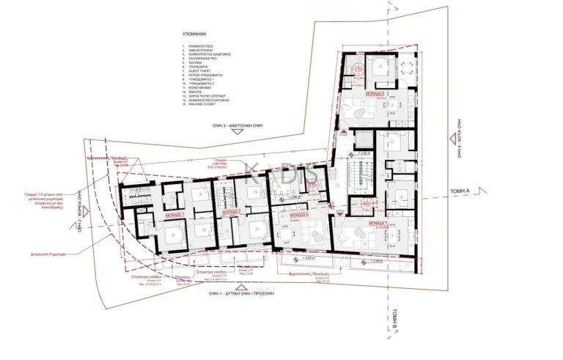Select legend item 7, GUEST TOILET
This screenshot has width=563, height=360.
click(200, 71)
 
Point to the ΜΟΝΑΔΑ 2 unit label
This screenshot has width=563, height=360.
click(234, 211)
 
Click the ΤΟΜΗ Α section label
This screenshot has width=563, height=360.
click(462, 191)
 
